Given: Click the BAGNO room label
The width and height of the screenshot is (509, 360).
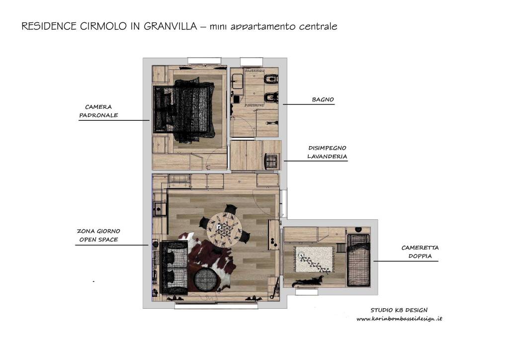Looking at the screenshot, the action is [x=323, y=99].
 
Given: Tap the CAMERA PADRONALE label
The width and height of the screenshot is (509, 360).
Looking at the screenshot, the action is [x=98, y=111].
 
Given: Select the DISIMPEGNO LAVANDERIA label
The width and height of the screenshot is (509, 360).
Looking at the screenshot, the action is [x=327, y=152].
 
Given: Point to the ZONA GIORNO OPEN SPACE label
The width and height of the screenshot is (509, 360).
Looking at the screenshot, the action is [x=98, y=235].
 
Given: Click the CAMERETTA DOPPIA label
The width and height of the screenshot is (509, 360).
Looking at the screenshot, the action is [x=420, y=252].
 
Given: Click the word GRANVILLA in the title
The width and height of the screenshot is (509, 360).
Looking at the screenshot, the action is [x=170, y=26].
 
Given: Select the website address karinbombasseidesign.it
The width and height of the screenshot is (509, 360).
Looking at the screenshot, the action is [x=399, y=319].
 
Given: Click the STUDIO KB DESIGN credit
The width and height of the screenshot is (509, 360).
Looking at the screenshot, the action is [x=399, y=310].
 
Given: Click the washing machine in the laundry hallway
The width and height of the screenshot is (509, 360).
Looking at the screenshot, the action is [x=271, y=161].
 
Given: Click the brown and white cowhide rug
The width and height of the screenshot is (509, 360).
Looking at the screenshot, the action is [x=210, y=263].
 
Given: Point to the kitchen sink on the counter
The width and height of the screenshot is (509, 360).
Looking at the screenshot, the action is [x=159, y=209].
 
